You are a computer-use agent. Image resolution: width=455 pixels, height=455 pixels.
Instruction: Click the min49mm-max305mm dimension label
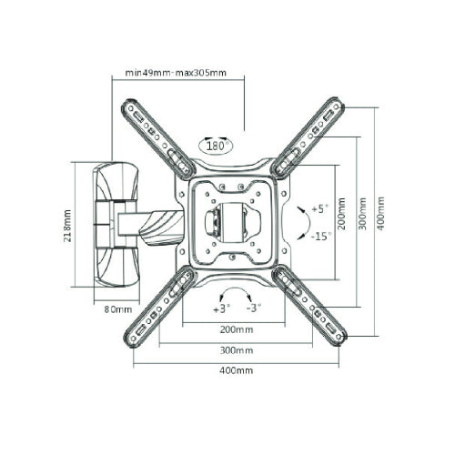(176, 73)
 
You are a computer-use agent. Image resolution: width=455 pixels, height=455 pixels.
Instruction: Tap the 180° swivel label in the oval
(217, 147)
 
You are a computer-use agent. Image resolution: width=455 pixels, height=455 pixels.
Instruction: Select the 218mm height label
(67, 226)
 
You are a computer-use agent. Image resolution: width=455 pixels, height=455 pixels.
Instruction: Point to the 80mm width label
(118, 309)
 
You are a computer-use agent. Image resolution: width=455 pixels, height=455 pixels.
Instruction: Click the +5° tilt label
(320, 209)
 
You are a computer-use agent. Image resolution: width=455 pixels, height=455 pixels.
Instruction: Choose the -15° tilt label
(321, 236)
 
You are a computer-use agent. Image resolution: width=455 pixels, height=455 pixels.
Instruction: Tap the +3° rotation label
(221, 308)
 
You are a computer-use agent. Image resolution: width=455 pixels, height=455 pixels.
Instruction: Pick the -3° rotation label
(254, 308)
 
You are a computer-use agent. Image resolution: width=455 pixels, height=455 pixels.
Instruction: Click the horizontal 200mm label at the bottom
(237, 329)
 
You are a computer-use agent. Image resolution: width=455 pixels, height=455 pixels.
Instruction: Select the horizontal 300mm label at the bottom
(237, 350)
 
